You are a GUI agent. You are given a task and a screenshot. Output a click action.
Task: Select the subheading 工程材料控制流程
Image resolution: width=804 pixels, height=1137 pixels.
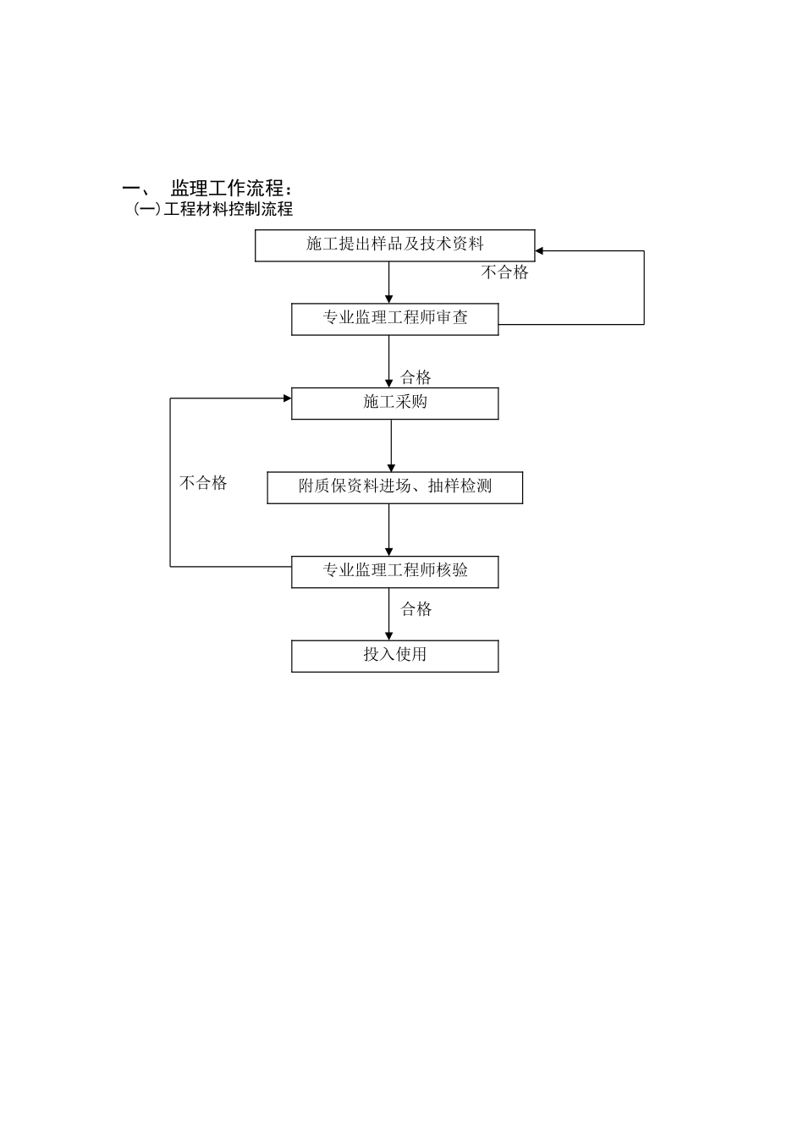tap(228, 209)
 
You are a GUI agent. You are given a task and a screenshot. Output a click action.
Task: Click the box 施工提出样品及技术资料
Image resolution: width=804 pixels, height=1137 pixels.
tap(394, 245)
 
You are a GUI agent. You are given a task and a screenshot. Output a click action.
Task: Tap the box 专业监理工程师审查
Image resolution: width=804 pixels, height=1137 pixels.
tap(394, 319)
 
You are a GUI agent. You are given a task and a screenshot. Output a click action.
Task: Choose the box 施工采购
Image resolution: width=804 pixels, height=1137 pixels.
tap(394, 403)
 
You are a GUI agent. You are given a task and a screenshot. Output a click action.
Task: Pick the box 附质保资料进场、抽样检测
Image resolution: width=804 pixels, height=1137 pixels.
tap(394, 487)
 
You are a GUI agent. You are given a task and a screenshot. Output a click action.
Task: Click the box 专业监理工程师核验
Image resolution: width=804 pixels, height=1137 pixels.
tap(394, 571)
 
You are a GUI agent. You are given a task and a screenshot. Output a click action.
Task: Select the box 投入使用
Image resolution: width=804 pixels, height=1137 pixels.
tap(394, 656)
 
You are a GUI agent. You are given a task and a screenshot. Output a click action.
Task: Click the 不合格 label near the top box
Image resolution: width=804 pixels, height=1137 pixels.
tap(504, 272)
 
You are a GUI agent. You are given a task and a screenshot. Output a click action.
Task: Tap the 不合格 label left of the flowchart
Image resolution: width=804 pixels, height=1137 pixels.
tap(203, 484)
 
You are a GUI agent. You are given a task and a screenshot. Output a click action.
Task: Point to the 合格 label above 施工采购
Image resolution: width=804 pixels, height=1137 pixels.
tap(416, 377)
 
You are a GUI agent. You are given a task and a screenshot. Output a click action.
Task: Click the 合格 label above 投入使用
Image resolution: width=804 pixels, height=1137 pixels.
tap(416, 609)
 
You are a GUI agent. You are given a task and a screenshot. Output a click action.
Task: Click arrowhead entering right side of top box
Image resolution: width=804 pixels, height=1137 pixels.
tap(540, 251)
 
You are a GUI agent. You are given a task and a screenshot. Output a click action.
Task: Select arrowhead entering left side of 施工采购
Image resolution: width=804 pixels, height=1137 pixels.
tap(287, 398)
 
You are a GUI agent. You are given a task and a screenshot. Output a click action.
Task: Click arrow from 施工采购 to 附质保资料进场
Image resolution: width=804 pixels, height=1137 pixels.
tap(391, 446)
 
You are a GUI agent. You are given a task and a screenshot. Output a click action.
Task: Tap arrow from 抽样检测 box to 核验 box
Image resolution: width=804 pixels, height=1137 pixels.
tap(389, 530)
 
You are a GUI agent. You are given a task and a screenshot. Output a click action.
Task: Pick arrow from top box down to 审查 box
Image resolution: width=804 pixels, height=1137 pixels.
tap(389, 283)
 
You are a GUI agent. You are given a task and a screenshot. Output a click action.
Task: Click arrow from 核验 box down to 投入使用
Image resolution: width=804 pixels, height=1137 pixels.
tap(389, 614)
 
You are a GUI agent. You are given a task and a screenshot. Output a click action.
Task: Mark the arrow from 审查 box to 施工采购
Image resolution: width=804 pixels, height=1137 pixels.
tap(389, 361)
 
